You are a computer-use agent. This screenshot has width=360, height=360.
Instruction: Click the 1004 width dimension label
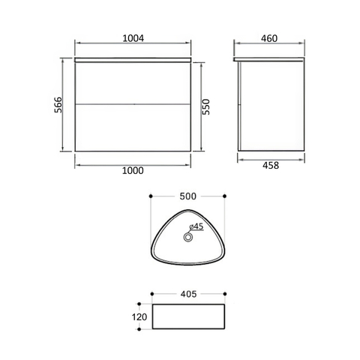coord(133,38)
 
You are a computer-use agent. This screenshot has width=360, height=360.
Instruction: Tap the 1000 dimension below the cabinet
coord(133,171)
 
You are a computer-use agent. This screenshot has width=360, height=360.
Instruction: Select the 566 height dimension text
coord(58,105)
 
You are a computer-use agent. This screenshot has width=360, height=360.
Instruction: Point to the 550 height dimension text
coord(206,106)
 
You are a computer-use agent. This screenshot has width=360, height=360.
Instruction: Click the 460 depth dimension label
coord(269,38)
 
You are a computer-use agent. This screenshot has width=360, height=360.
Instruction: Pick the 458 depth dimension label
coord(271,165)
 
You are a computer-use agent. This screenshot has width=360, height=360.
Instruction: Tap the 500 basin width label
coord(188,196)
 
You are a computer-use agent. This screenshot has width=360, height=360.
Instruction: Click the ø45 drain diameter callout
coord(196,226)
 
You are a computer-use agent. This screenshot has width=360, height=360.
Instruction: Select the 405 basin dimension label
coord(188,294)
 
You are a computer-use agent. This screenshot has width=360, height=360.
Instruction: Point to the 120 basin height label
coord(139,317)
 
